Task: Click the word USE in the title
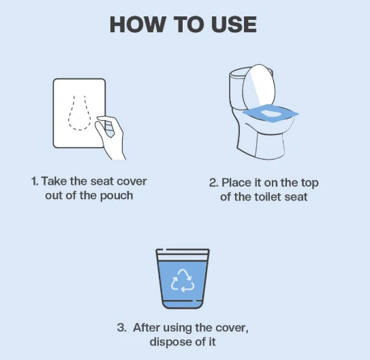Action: (x=234, y=25)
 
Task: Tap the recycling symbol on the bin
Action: (x=183, y=280)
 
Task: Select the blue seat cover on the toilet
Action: (x=271, y=113)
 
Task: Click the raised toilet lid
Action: (x=259, y=87)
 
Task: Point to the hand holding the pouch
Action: (x=110, y=137)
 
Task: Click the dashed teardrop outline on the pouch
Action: (x=80, y=112)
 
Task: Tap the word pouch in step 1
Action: (x=117, y=196)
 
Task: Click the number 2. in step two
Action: (x=213, y=183)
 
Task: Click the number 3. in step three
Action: (x=122, y=328)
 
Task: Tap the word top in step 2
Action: (x=309, y=183)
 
